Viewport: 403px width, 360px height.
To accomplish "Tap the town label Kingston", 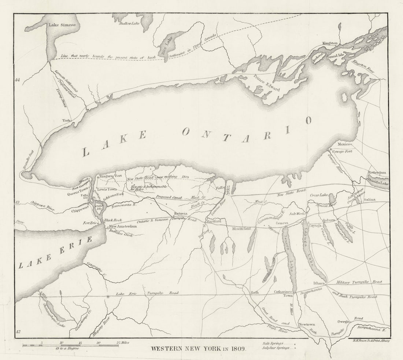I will (330, 43).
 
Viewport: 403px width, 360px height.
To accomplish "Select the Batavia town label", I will (181, 214).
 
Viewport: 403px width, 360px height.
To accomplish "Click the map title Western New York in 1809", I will (199, 348).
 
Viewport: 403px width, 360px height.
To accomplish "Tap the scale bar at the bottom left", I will (70, 345).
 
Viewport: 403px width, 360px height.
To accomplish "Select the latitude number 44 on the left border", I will (17, 80).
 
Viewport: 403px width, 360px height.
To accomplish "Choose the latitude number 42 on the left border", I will (17, 332).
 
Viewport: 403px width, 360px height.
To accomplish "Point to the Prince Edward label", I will (267, 82).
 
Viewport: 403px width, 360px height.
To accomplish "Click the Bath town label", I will (255, 292).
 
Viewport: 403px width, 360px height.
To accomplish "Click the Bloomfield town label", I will (241, 229).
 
